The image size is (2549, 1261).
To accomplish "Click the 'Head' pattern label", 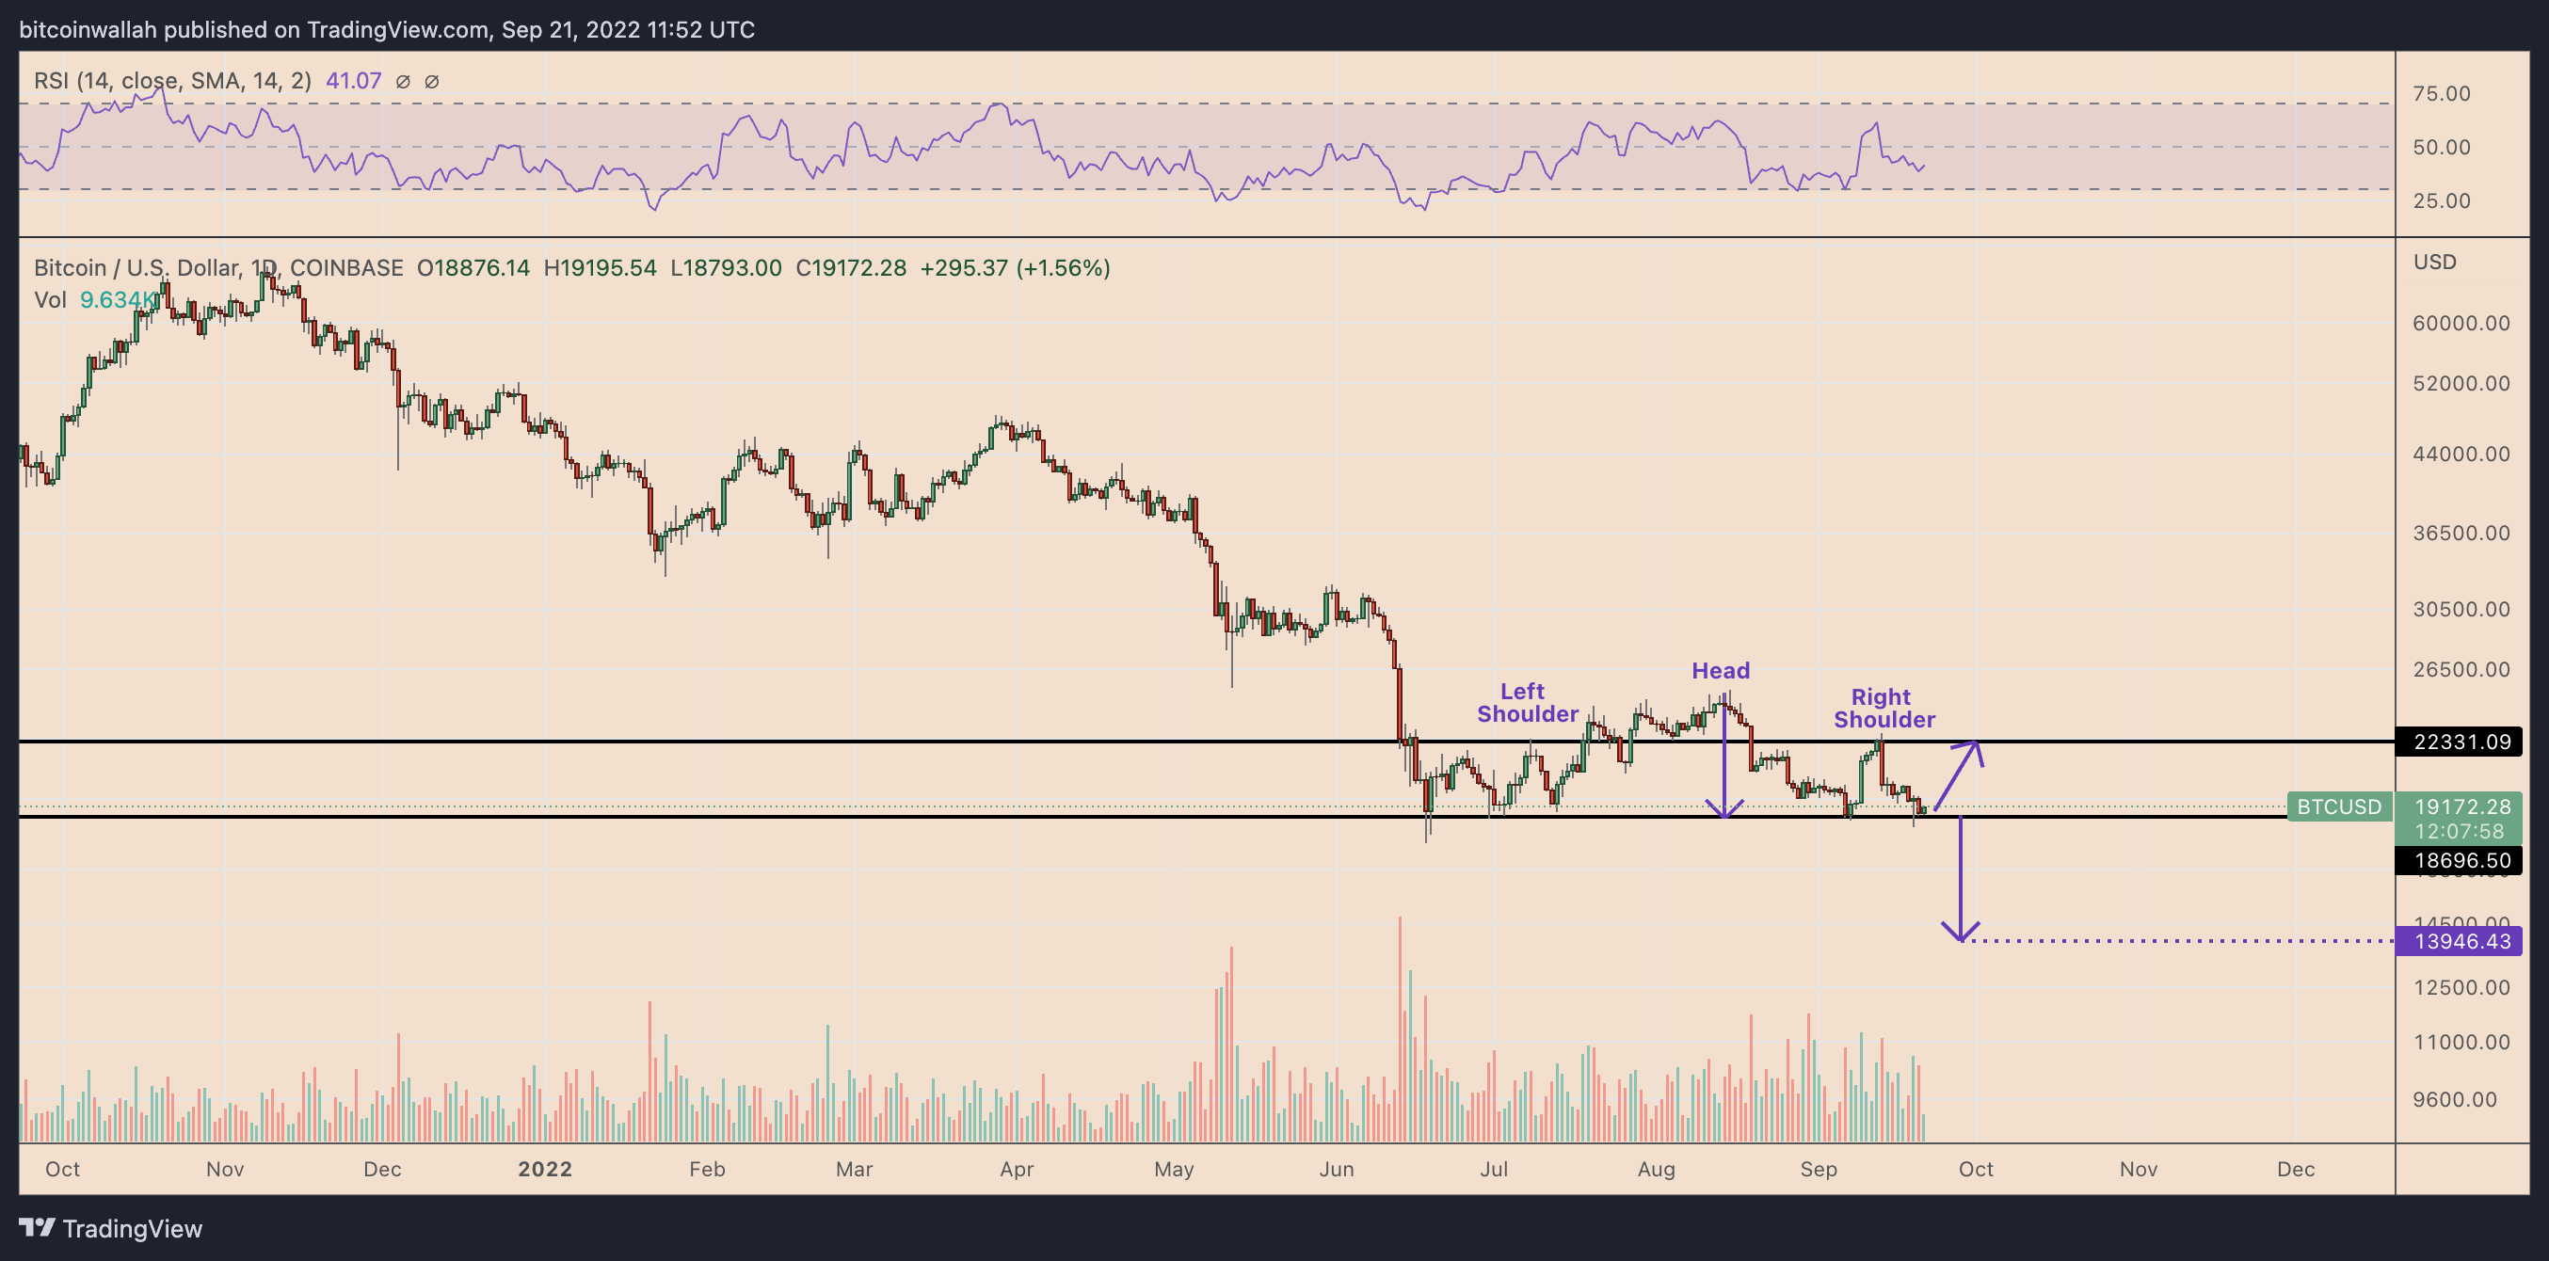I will click(x=1720, y=671).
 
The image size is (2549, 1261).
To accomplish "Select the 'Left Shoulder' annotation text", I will click(x=1527, y=702).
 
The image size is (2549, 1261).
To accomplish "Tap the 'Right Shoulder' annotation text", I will click(x=1884, y=709).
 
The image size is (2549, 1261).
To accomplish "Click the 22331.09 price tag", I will click(x=2461, y=742).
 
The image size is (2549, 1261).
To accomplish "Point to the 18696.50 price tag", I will click(x=2461, y=860).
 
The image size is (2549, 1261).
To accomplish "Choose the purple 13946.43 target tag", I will click(x=2461, y=940).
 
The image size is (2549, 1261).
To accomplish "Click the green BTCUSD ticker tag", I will click(x=2338, y=807).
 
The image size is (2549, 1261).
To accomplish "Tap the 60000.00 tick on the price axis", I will click(x=2460, y=324).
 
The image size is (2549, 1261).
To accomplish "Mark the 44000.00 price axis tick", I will click(x=2460, y=454).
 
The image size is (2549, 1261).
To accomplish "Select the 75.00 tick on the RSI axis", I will click(x=2441, y=94).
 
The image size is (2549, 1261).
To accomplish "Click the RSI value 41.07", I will click(x=353, y=81).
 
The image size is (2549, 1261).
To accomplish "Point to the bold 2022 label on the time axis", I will click(x=544, y=1169).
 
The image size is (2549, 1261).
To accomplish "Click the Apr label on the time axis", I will click(x=1017, y=1169).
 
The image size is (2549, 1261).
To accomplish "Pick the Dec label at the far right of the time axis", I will click(x=2295, y=1169).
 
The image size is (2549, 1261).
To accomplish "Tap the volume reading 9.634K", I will click(x=117, y=299).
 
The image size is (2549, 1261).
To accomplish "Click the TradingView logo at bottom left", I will click(x=111, y=1228).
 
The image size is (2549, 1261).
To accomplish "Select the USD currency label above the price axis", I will click(x=2434, y=263).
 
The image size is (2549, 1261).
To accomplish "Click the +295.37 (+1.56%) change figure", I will click(x=1015, y=268).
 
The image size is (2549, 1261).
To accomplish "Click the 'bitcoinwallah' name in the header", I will click(x=88, y=30).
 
